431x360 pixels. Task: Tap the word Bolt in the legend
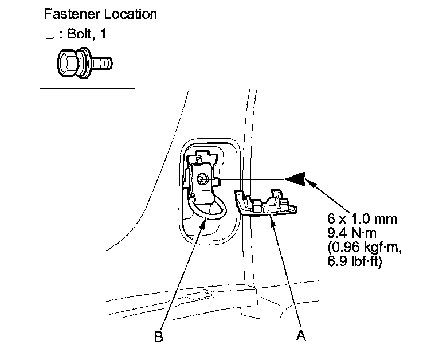point(80,35)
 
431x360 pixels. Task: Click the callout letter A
point(300,335)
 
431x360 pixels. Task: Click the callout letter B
point(159,336)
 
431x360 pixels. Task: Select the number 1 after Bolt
point(103,35)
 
